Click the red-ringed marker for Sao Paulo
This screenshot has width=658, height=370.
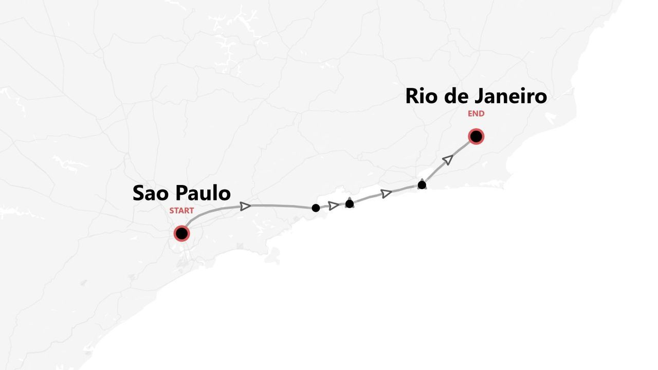[x=181, y=233]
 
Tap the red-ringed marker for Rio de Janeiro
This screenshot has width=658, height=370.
[x=476, y=136]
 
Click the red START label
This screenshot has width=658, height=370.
[x=181, y=211]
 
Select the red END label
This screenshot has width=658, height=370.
[x=476, y=114]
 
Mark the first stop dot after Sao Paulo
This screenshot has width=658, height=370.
[x=316, y=208]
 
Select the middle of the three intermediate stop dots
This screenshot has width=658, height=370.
[x=350, y=203]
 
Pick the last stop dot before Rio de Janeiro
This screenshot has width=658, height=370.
[x=422, y=185]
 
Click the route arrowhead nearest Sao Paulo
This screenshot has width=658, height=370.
[x=245, y=206]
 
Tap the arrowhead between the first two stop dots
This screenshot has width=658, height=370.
[x=334, y=206]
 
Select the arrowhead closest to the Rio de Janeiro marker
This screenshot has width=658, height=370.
[x=448, y=160]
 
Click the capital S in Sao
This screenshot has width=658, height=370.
[x=139, y=193]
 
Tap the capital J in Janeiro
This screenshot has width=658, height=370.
[x=480, y=96]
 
